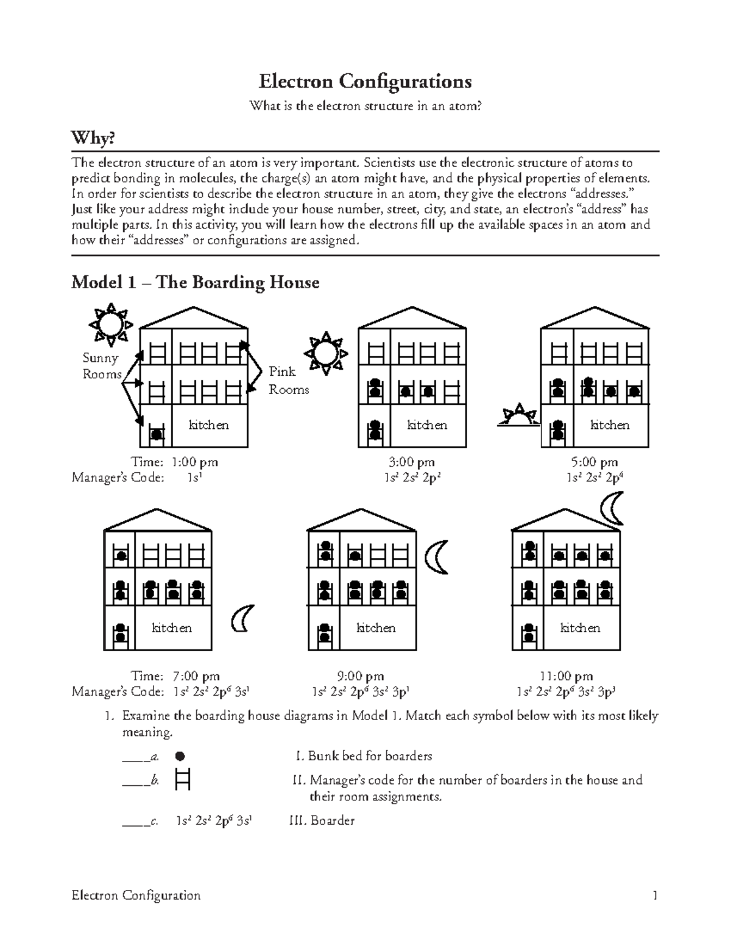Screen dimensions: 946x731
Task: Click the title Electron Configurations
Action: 365,81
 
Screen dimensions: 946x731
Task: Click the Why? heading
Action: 93,139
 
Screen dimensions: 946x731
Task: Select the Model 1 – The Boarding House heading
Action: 195,283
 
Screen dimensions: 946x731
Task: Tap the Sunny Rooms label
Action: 102,366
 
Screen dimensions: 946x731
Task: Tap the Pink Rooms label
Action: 288,380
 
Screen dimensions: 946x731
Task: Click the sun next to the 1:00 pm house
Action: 110,323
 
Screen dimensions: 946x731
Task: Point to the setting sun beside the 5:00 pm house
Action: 518,415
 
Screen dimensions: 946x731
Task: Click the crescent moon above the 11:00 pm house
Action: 612,508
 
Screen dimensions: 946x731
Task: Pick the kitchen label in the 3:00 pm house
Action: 427,425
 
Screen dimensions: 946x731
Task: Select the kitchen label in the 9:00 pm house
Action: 376,627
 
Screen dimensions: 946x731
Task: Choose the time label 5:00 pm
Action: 594,462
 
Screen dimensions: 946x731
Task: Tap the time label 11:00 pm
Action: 566,676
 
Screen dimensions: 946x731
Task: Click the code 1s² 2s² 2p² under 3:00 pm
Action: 412,478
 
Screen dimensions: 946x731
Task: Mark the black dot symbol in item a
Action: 180,757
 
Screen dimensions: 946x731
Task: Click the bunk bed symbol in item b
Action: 182,779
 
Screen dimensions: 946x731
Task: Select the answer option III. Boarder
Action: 322,821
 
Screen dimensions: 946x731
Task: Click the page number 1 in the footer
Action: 655,895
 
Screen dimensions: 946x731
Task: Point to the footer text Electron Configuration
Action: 136,895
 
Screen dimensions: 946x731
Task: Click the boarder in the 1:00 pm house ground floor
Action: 157,434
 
